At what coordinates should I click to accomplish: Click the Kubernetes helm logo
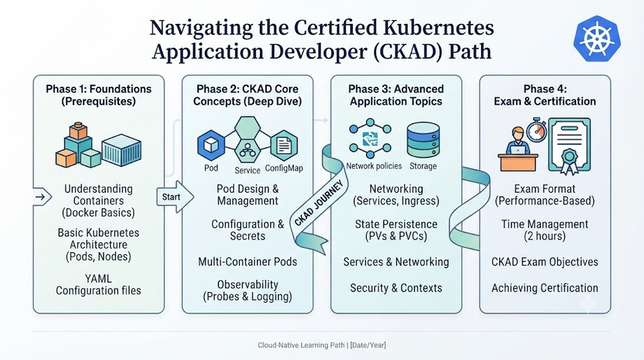tap(597, 39)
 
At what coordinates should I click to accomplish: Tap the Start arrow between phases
tap(175, 197)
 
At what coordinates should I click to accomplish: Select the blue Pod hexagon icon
tap(211, 145)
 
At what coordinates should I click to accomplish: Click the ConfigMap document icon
tap(283, 145)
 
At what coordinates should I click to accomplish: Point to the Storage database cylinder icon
tap(423, 140)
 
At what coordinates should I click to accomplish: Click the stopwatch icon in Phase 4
tap(537, 131)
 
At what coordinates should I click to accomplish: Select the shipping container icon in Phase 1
tap(122, 150)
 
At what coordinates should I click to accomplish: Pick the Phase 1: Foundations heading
tap(99, 95)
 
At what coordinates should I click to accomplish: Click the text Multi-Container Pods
tap(248, 262)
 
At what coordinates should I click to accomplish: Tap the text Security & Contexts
tap(396, 288)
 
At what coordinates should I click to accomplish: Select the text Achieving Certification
tap(545, 288)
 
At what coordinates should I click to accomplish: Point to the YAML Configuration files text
tap(99, 284)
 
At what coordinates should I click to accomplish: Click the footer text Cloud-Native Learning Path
tap(301, 345)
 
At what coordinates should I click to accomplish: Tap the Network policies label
tap(374, 166)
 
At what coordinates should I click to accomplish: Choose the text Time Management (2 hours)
tap(545, 230)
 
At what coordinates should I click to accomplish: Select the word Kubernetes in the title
tap(438, 28)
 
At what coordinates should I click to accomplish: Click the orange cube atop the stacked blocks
tap(78, 131)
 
